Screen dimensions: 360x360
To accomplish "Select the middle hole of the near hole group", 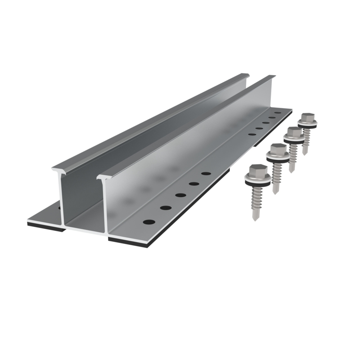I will [x=180, y=195].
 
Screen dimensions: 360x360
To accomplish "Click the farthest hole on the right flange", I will [x=278, y=113].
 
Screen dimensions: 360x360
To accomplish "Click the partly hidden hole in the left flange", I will [x=59, y=208].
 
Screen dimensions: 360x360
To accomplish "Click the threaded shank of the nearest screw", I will [x=255, y=200].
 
